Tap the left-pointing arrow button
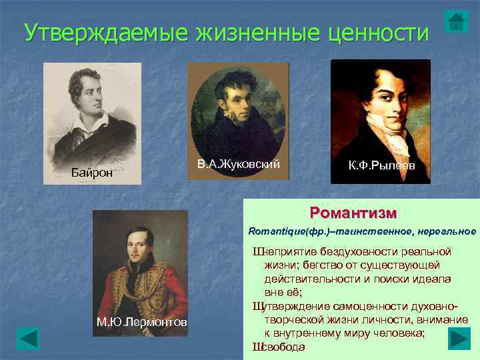pyautogui.click(x=28, y=339)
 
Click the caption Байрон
pyautogui.click(x=93, y=173)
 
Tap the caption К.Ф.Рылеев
pyautogui.click(x=381, y=165)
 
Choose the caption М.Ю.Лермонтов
pyautogui.click(x=142, y=323)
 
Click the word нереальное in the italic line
pyautogui.click(x=447, y=231)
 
